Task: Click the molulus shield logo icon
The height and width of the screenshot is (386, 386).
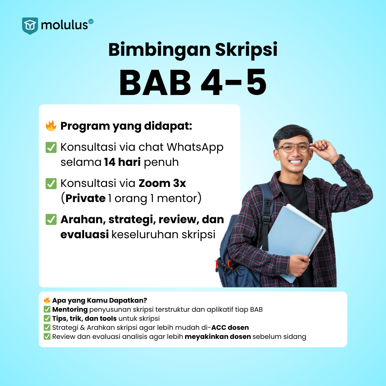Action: (30, 26)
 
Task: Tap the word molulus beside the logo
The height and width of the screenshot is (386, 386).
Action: (64, 25)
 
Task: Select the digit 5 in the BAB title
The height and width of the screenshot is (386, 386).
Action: (256, 82)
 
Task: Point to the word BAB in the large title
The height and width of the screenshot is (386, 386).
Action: (155, 82)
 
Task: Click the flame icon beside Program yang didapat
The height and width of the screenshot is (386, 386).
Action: (51, 126)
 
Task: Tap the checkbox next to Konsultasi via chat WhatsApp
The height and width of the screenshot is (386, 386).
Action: (51, 147)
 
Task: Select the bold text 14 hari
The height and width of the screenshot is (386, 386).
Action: (123, 162)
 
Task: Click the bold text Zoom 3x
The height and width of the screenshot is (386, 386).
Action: (162, 184)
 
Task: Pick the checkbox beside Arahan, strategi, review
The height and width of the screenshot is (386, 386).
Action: (51, 219)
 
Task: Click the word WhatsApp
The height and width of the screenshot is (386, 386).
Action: (195, 148)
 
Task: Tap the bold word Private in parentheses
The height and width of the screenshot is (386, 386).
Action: (86, 198)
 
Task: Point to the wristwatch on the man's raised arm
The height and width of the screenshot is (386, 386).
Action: (339, 160)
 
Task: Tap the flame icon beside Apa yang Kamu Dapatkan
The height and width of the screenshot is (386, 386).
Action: (47, 300)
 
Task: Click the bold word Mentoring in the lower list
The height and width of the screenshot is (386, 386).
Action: (70, 310)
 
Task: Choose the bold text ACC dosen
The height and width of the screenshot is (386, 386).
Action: (230, 328)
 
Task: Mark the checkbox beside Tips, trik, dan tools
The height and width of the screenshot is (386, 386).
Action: (47, 319)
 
